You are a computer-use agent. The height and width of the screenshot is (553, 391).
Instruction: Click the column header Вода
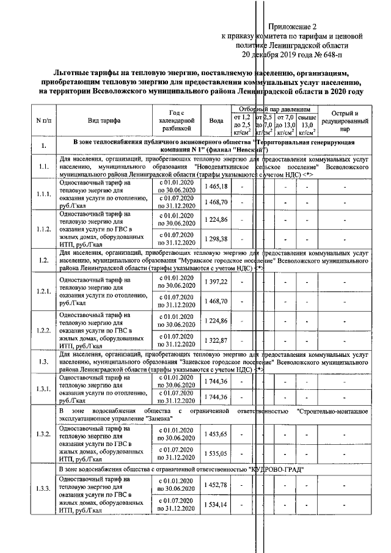tap(216, 121)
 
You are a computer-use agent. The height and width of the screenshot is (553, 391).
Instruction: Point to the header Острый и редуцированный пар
tap(345, 121)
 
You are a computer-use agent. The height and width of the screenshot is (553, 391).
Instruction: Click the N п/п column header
tap(43, 121)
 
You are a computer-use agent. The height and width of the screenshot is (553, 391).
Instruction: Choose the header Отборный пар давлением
tap(275, 108)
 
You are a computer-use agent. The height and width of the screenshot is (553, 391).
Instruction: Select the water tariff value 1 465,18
tap(216, 186)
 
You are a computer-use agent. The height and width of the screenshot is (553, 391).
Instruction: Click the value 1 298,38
tap(216, 238)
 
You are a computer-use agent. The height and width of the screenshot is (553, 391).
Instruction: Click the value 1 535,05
tap(216, 453)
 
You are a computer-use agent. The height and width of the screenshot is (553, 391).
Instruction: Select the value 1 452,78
tap(216, 485)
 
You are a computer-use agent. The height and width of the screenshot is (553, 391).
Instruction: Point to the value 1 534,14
tap(216, 505)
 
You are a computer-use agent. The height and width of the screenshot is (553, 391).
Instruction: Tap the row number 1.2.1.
tap(43, 291)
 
